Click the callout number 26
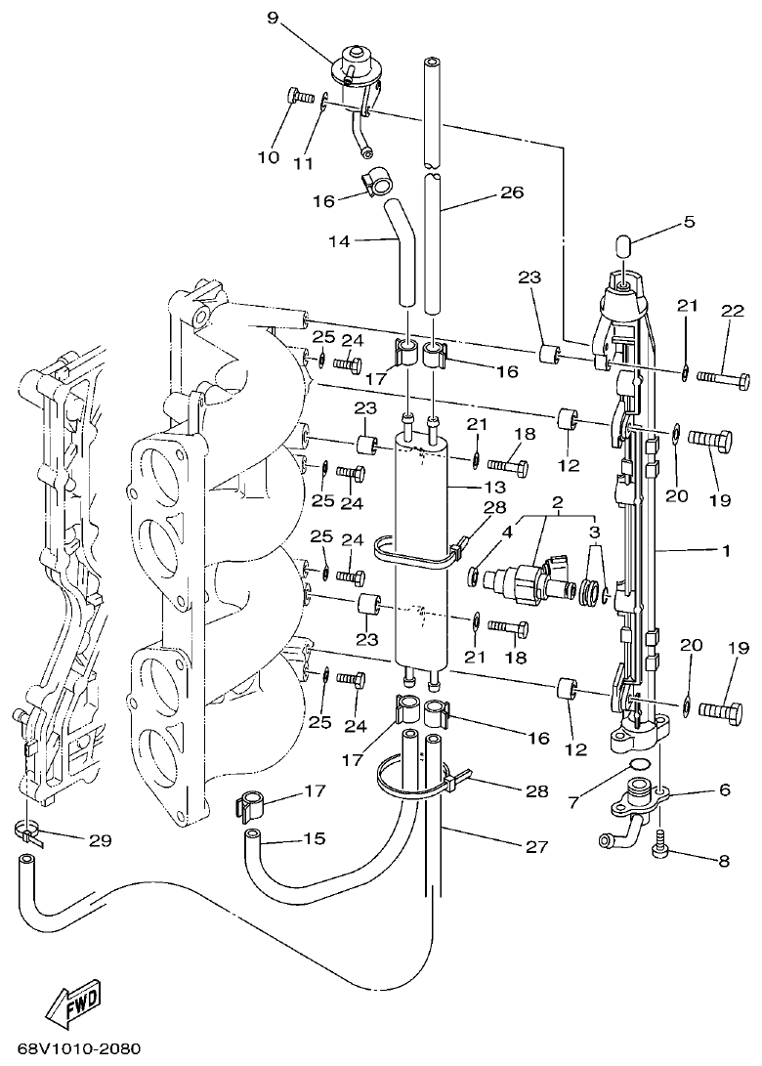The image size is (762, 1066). (512, 193)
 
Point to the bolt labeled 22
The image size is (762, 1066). (722, 377)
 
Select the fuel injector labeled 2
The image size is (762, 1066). (528, 578)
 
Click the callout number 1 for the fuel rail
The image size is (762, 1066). (725, 551)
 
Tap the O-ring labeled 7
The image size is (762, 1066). (639, 764)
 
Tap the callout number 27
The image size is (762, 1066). (535, 847)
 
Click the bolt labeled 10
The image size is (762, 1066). (294, 96)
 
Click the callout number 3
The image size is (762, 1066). (594, 532)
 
